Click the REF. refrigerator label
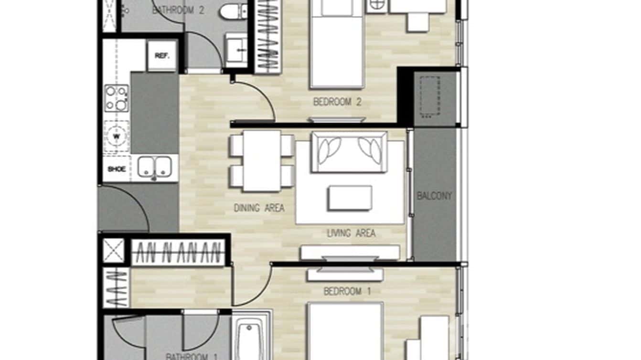[x=161, y=55]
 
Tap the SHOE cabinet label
[x=117, y=169]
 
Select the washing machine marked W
[x=116, y=136]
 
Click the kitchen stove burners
[x=117, y=98]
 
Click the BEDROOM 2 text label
[x=337, y=102]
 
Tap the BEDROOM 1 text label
[x=347, y=291]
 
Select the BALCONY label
[x=434, y=196]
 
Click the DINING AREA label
[x=259, y=208]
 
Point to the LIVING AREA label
[x=351, y=233]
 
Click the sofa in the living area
[x=349, y=152]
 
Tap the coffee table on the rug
[x=350, y=198]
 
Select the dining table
[x=261, y=160]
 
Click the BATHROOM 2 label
[x=178, y=10]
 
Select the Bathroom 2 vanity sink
[x=236, y=50]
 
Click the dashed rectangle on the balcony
[x=429, y=96]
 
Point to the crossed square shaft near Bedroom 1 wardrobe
[x=114, y=251]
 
